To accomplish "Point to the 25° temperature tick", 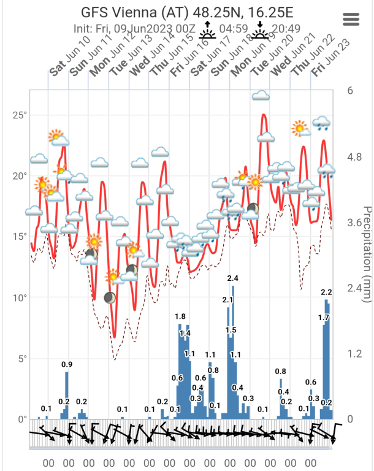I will [20, 115].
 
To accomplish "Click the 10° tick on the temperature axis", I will [20, 298].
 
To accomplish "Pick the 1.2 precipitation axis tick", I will [354, 354].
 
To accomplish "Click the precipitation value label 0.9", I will [67, 365].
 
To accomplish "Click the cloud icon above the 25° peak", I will [262, 95].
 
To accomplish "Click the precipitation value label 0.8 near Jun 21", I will [281, 372].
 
